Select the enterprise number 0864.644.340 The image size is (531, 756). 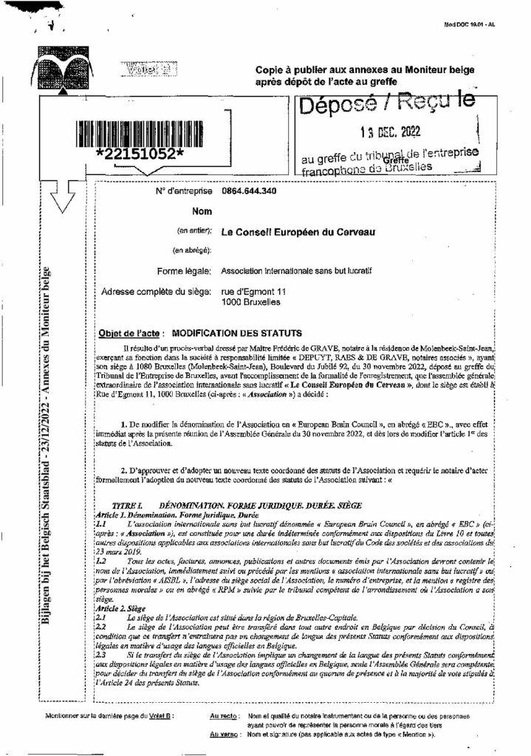click(250, 191)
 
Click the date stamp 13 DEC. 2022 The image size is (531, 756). click(389, 132)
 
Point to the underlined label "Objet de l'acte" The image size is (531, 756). click(131, 334)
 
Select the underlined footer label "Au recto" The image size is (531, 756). click(223, 716)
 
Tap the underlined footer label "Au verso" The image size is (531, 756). click(223, 734)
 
